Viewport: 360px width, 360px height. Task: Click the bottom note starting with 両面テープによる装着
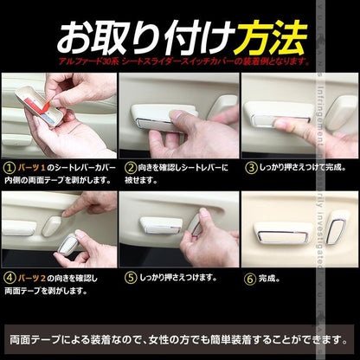coord(179,337)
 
